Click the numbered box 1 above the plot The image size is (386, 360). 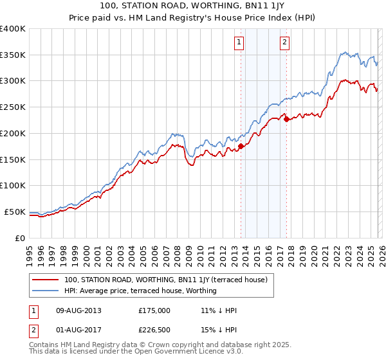click(239, 43)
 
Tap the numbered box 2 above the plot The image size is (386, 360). click(284, 43)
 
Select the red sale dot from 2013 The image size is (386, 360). click(241, 146)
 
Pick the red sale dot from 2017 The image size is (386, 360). click(286, 119)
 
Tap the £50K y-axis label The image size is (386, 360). click(15, 212)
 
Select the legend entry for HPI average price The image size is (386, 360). click(140, 291)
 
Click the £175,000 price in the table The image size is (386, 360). click(154, 310)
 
